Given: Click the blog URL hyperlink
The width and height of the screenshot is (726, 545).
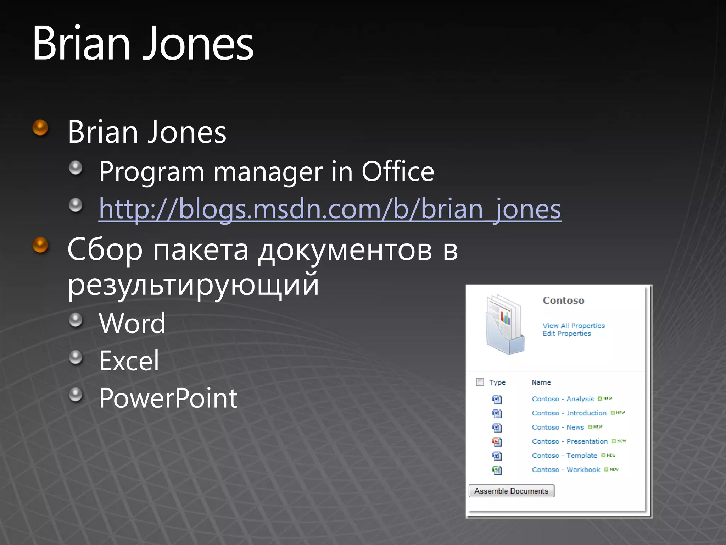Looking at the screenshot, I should coord(330,209).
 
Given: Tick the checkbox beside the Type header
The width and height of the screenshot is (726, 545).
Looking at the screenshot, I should coord(480,382).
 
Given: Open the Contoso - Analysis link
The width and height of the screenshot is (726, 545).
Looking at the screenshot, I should coord(563,399).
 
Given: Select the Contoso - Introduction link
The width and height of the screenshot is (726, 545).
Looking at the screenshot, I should coord(569,413).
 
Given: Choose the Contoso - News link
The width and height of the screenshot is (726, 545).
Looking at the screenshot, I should coord(558,427).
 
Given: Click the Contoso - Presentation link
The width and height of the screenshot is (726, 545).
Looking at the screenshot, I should coord(570,441).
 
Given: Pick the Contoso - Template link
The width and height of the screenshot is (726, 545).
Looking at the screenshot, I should coord(564,456).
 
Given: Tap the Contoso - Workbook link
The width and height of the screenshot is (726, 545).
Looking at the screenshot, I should coord(566,470).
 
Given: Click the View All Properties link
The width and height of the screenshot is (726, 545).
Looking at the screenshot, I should coord(574,326).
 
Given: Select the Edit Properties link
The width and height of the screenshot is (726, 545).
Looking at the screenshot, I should coord(567,334).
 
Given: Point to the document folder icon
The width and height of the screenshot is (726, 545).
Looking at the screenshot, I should coord(504,324).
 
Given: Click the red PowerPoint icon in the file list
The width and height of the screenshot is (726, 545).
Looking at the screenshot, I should coord(497,442).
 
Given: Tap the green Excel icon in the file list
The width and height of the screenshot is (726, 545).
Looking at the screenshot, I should coord(497,470).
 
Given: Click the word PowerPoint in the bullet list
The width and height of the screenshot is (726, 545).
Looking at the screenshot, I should coord(168,398).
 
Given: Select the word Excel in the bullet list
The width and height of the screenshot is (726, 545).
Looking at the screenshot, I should coord(129,361).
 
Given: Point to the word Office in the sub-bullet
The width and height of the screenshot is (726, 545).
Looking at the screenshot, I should coord(398,172).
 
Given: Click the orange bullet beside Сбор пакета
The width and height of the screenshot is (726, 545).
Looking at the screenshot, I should coord(40,245).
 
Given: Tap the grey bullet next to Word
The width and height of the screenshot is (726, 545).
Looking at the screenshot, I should coord(76,320).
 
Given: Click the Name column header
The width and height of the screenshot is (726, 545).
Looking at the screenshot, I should coord(541,382).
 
